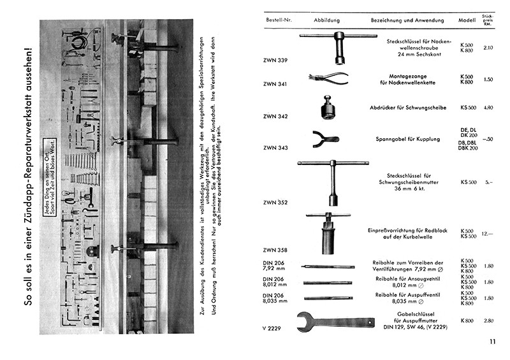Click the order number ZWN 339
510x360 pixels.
275,61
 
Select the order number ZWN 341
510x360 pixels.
275,84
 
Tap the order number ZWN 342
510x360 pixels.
275,116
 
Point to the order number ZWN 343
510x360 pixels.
275,148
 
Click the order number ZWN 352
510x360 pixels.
275,203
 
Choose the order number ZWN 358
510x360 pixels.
275,249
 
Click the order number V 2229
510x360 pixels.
272,328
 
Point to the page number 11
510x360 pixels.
492,342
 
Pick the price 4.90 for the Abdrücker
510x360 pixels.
488,108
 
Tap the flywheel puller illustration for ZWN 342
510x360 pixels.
329,108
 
